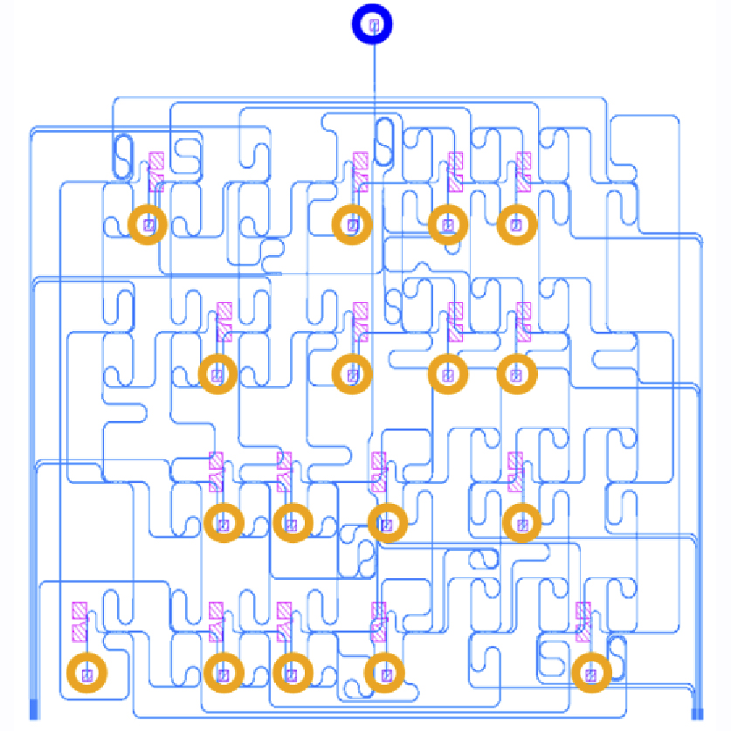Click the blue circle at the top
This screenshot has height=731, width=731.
[373, 26]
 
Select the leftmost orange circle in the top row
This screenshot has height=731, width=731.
[148, 224]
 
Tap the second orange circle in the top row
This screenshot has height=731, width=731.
[353, 224]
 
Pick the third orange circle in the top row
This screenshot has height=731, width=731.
[448, 224]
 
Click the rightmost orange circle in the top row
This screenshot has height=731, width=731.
[516, 224]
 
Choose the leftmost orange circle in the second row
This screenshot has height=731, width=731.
[217, 375]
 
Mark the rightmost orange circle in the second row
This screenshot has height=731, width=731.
[516, 375]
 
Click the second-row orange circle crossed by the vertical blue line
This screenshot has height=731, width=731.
[353, 375]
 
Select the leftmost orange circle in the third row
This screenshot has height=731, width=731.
[223, 524]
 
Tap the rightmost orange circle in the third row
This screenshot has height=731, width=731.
[522, 524]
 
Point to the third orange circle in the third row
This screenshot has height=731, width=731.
[387, 524]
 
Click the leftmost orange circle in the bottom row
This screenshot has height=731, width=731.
[86, 673]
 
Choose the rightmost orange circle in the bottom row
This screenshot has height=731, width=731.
[591, 673]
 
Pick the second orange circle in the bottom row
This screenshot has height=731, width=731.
[223, 673]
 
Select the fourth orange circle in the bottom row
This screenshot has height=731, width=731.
[384, 673]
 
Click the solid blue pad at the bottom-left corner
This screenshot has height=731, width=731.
[35, 709]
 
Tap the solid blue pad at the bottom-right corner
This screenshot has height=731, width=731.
[697, 709]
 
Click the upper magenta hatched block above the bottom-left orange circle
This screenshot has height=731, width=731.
[79, 610]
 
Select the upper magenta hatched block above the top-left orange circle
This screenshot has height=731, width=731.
[156, 161]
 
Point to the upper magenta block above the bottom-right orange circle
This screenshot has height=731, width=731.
[583, 610]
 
